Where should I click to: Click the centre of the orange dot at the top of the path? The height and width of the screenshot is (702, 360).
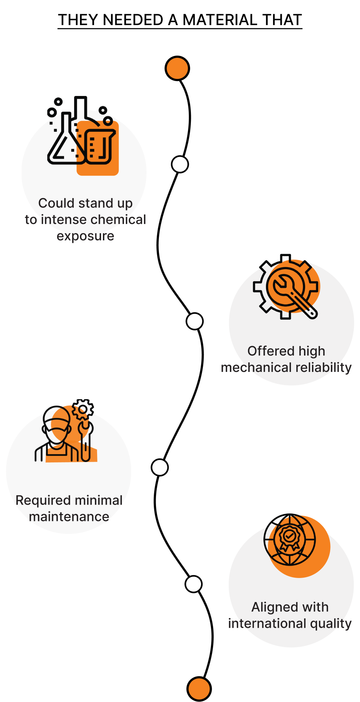click(x=177, y=68)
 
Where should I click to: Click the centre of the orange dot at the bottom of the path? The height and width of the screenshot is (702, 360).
click(x=199, y=689)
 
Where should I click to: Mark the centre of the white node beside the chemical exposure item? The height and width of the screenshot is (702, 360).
click(x=180, y=164)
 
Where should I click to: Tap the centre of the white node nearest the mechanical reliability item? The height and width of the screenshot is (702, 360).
click(x=195, y=321)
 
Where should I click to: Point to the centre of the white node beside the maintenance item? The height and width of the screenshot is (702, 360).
click(x=160, y=468)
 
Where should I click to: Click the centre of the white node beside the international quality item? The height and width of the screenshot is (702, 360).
click(x=193, y=584)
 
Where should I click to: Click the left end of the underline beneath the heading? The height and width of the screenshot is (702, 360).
click(x=58, y=28)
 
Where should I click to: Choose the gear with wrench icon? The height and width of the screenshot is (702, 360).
click(x=286, y=287)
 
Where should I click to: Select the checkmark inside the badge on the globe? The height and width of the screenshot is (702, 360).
click(x=289, y=536)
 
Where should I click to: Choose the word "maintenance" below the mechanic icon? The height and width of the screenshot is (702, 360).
click(x=69, y=517)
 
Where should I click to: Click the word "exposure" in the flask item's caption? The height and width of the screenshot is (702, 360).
click(x=85, y=236)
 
